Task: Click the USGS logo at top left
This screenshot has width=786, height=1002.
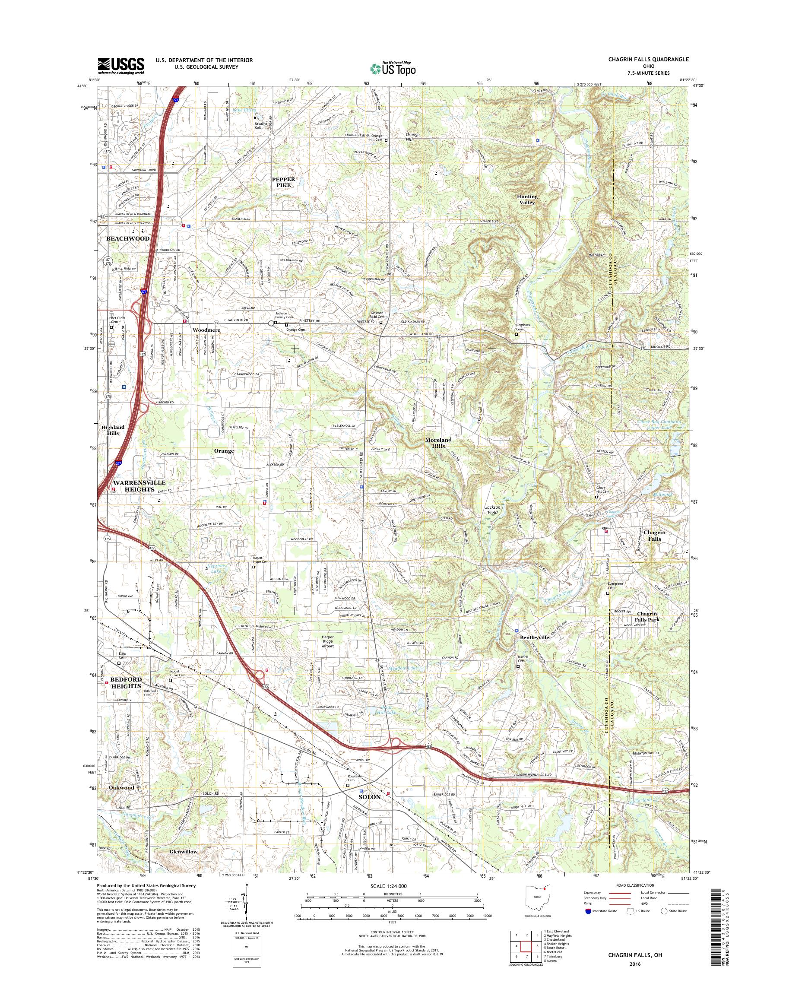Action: click(120, 66)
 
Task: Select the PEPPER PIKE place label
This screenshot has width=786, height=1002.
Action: click(283, 182)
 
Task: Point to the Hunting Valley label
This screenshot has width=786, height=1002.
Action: click(527, 199)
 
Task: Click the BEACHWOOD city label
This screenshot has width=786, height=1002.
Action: click(127, 238)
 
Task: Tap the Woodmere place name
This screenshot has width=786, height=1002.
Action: click(206, 330)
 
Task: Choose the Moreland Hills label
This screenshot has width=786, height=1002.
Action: click(438, 443)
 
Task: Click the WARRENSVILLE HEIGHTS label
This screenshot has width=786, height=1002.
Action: click(133, 486)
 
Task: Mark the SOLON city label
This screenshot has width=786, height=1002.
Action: click(370, 797)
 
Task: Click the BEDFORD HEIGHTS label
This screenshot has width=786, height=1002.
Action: click(126, 682)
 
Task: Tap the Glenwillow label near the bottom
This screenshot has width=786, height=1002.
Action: click(183, 852)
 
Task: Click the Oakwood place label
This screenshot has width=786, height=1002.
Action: click(121, 787)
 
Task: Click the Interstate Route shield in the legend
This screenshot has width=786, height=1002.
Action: click(588, 911)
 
